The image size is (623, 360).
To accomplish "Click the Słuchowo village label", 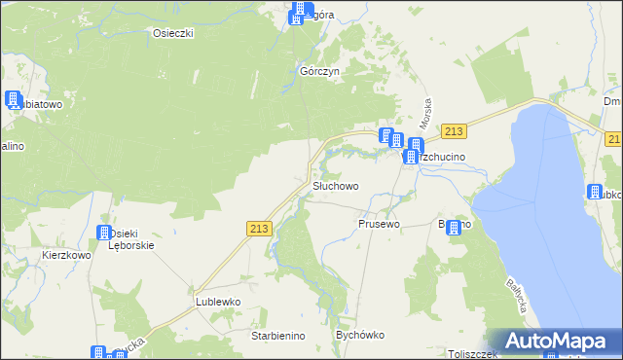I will coord(336,185).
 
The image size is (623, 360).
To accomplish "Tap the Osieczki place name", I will coord(173,33).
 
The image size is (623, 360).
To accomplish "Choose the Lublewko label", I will coord(217,302).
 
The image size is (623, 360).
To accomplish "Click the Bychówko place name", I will coord(360,335).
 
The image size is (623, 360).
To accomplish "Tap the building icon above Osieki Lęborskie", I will coord(104,234).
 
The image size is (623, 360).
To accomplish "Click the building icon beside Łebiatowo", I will coord(14,100).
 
